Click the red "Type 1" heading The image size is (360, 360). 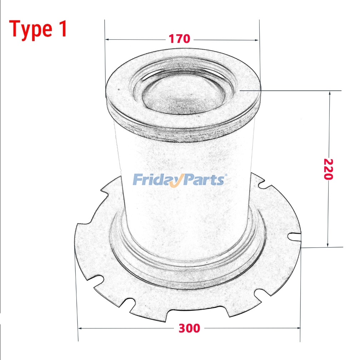[38, 29]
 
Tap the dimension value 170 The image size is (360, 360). [180, 39]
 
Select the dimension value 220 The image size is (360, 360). [329, 169]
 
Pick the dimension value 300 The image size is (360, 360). [189, 328]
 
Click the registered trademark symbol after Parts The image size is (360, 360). [225, 175]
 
